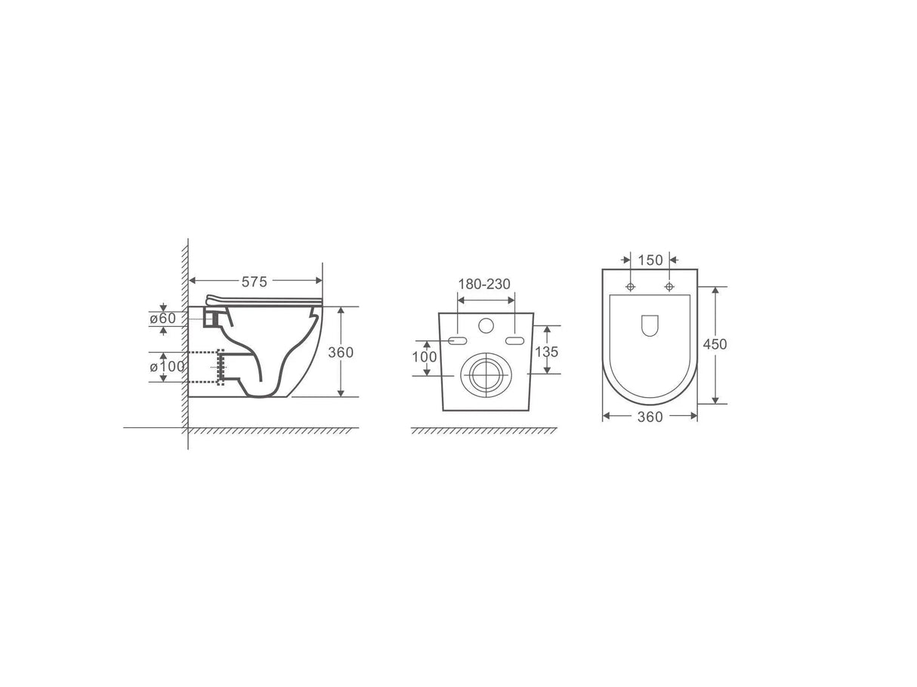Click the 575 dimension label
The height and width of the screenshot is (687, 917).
254,282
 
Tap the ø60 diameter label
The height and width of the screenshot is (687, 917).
163,319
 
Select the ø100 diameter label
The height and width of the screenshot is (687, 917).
167,366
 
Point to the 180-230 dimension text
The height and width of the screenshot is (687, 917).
484,284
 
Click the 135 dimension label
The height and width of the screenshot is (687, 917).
546,352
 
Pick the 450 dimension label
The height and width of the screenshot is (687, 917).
715,344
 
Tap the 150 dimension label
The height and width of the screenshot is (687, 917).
650,260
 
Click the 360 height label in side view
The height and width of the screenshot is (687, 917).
341,353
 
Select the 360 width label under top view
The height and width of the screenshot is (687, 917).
650,417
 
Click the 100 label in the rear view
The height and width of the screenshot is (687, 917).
425,357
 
